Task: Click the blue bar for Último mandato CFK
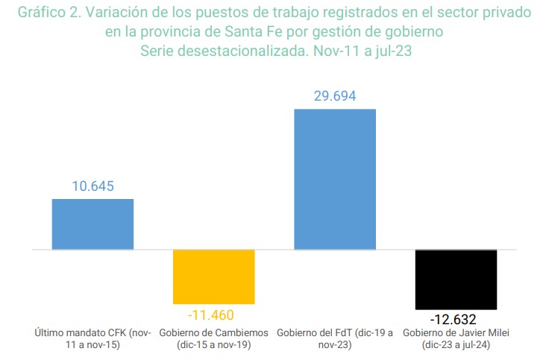click(x=92, y=224)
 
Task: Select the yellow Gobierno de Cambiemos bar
click(x=214, y=277)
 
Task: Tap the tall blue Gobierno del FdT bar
click(x=335, y=179)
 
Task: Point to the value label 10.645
click(x=92, y=186)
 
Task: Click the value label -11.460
click(x=214, y=314)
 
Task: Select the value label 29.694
click(x=335, y=96)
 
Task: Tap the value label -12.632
click(x=456, y=320)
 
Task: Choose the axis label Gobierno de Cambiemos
click(x=214, y=332)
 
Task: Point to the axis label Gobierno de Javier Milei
click(x=456, y=332)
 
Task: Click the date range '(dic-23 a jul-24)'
click(x=456, y=345)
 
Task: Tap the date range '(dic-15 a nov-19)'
click(x=214, y=345)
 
